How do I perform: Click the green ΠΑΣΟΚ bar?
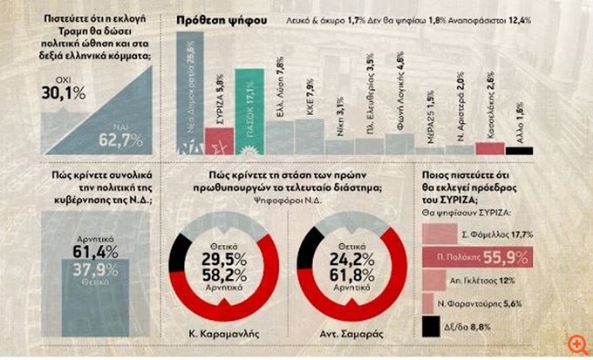click(x=249, y=118)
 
